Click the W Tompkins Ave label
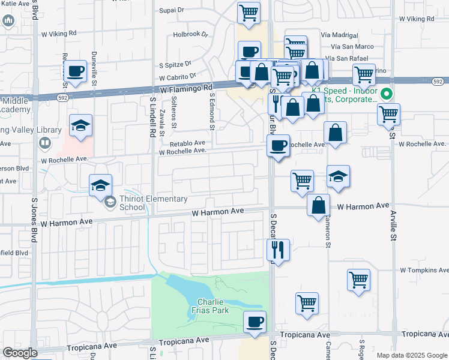424,271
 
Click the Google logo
20,353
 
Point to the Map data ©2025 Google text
411,355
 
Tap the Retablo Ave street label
187,143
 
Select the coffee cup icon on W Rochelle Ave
279,145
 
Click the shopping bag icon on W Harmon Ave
318,205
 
